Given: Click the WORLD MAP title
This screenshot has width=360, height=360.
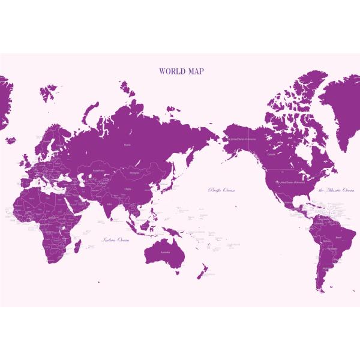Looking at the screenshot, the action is coord(181,71).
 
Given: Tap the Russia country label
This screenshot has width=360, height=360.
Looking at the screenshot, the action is coord(127,145).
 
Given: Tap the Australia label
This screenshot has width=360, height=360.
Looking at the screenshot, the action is coord(164,252).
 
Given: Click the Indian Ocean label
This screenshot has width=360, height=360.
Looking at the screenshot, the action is coord(116,240).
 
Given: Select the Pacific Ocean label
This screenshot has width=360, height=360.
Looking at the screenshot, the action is coord(221,190).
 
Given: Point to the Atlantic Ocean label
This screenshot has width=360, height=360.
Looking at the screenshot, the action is coord(337,190).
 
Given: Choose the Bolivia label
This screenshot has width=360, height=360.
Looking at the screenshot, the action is coord(326,242).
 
